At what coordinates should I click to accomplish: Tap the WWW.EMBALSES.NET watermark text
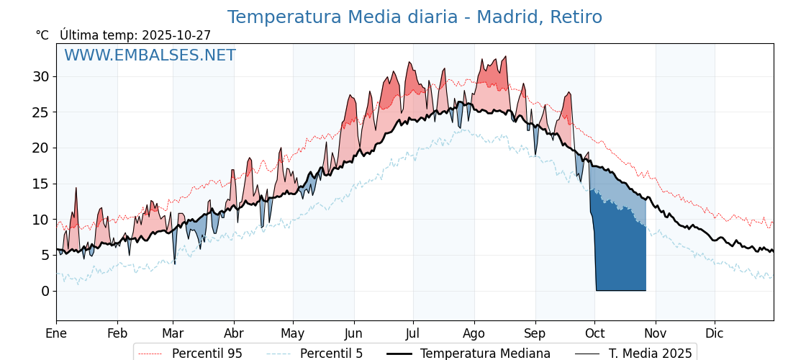pos(150,55)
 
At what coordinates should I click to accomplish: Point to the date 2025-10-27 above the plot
pos(176,35)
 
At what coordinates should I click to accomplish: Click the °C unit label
pos(42,35)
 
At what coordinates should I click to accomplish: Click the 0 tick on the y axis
pos(45,291)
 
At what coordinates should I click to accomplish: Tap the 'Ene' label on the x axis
pos(56,333)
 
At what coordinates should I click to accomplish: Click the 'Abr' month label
pos(234,333)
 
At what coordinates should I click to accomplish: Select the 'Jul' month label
pos(413,333)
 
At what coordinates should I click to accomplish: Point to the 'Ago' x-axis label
pos(474,333)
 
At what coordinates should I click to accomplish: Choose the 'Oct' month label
pos(594,333)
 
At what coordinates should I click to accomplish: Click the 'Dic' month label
pos(715,333)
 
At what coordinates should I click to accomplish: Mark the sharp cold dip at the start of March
pos(174,261)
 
